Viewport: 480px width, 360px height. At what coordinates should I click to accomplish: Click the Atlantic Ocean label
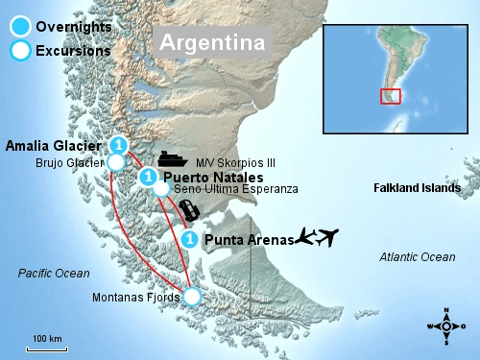pyautogui.click(x=418, y=256)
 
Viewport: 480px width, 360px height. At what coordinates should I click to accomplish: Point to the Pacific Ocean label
pyautogui.click(x=54, y=274)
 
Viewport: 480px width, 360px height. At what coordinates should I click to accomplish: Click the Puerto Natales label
pyautogui.click(x=213, y=178)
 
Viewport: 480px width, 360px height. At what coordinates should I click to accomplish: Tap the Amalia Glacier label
pyautogui.click(x=53, y=146)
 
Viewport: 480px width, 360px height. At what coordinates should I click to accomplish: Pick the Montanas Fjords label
pyautogui.click(x=135, y=298)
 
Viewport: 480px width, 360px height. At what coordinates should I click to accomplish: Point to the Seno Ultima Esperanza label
pyautogui.click(x=236, y=190)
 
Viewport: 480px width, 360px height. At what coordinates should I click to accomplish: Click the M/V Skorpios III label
pyautogui.click(x=235, y=163)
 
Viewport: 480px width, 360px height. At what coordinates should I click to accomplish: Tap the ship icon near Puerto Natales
pyautogui.click(x=173, y=159)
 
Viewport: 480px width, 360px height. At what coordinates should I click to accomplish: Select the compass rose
pyautogui.click(x=446, y=325)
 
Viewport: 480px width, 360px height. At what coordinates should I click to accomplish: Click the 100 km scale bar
pyautogui.click(x=46, y=347)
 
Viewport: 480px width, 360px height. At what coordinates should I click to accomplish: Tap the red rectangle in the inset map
pyautogui.click(x=391, y=96)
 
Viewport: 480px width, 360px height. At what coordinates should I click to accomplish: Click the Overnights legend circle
pyautogui.click(x=18, y=27)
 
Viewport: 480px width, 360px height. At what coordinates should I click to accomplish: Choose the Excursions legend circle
pyautogui.click(x=18, y=50)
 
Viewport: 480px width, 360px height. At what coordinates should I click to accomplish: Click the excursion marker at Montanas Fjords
pyautogui.click(x=192, y=297)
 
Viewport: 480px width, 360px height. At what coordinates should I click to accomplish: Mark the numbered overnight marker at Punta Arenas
pyautogui.click(x=190, y=238)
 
